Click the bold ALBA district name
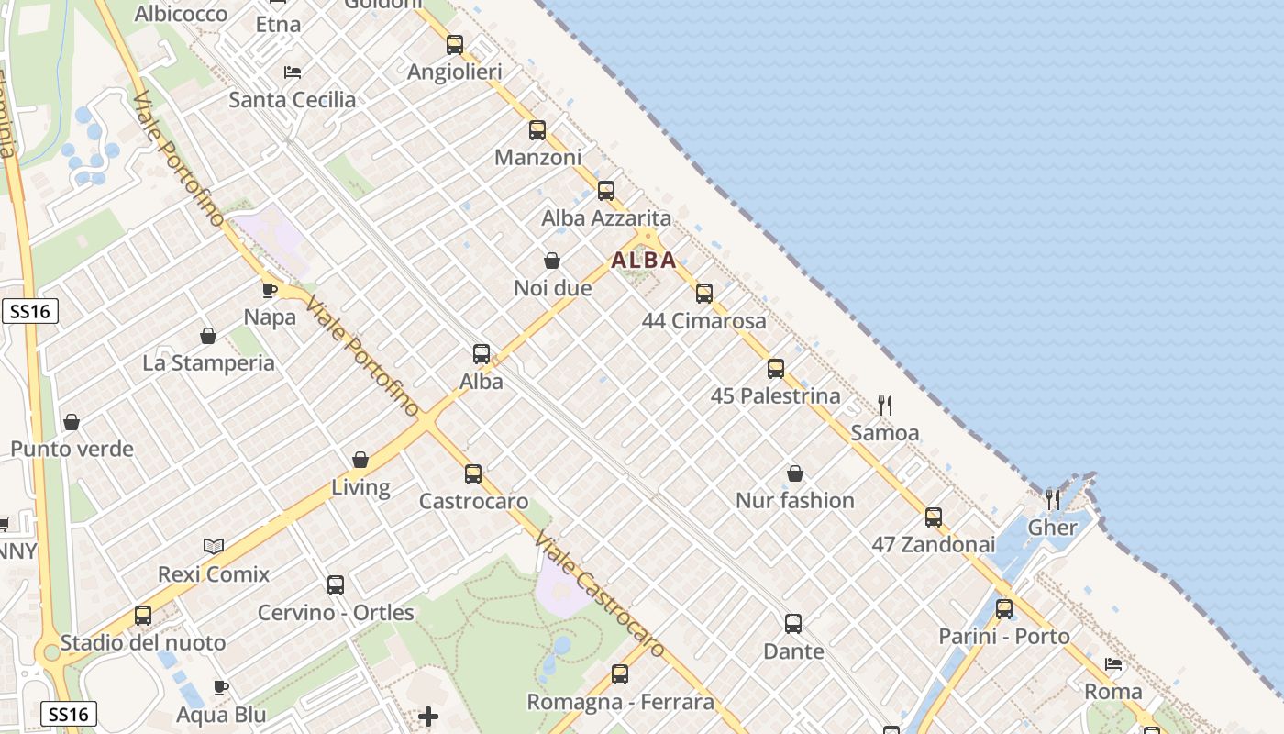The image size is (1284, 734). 644,261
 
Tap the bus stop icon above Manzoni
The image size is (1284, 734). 537,130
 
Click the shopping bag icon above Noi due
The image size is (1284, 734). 552,261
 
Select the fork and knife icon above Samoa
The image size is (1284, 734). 885,405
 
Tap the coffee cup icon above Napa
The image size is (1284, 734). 270,290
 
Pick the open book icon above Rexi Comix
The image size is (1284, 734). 214,547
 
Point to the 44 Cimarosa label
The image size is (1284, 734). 703,321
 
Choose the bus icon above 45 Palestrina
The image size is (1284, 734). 776,369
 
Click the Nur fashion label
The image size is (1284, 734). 795,501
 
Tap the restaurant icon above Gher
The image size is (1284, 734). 1053,500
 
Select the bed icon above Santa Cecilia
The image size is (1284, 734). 293,72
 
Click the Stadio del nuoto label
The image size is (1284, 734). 143,642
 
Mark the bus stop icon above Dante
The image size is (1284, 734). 793,624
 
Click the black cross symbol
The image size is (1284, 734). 428,716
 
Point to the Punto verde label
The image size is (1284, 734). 72,450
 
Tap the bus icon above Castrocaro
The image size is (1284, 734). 473,474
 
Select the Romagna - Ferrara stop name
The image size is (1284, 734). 620,703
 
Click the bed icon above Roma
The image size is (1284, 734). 1113,664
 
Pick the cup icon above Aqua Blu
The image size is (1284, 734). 221,687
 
